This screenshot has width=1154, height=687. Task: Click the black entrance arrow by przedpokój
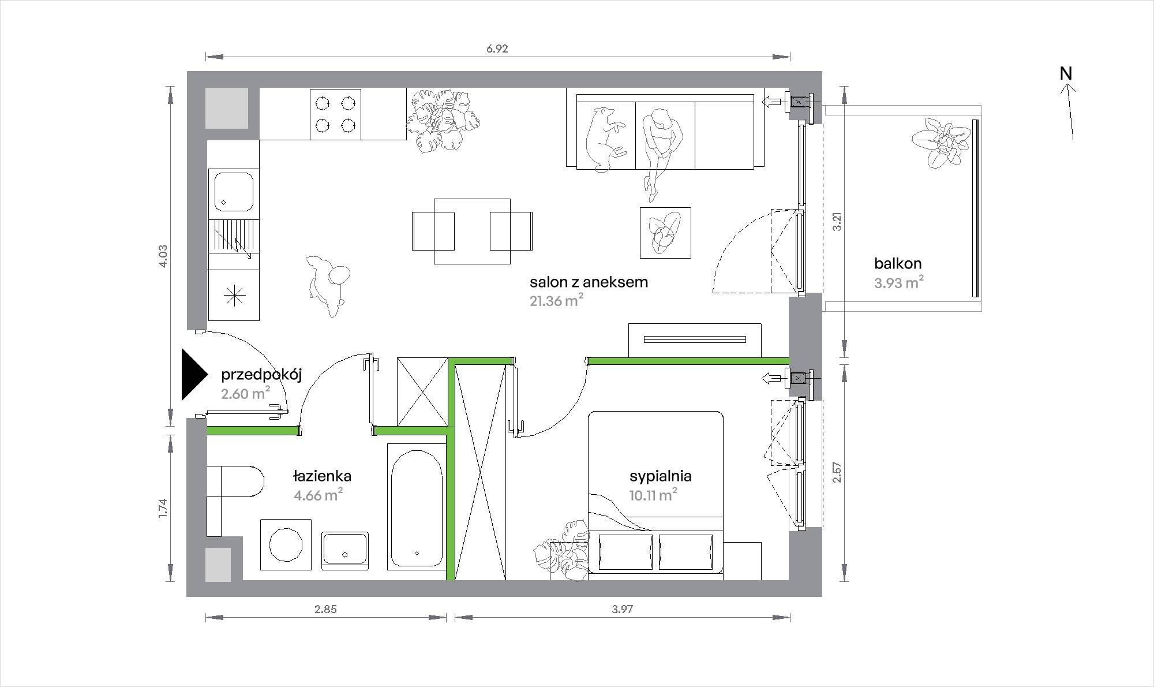[193, 374]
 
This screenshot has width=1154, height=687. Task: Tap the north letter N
[1066, 73]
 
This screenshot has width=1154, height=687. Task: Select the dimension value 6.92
[497, 48]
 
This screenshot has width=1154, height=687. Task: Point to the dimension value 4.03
[163, 256]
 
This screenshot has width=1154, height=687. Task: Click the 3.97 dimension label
[623, 608]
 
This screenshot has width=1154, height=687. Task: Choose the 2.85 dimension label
[325, 608]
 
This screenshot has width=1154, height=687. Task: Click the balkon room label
[898, 264]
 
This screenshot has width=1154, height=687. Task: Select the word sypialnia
[660, 476]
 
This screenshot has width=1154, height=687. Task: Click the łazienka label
[322, 476]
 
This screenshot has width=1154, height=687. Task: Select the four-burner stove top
[335, 114]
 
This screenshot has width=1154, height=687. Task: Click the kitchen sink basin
[234, 192]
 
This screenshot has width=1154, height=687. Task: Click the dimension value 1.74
[163, 507]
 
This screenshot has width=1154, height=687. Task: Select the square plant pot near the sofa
[665, 232]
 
